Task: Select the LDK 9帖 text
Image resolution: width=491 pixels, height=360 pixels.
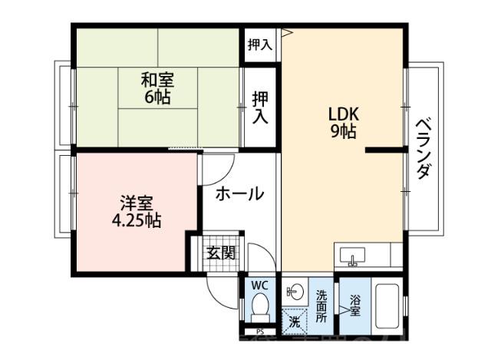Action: [x=343, y=123]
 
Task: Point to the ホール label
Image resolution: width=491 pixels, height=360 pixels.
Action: [x=239, y=193]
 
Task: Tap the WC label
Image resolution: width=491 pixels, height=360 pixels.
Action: [x=259, y=286]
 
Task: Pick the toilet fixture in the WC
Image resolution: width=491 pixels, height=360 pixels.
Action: [x=260, y=311]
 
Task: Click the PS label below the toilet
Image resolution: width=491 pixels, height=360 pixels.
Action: [x=260, y=332]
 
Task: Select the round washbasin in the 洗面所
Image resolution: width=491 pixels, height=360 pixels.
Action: [x=294, y=291]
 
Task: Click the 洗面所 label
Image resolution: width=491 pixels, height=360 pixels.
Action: [x=321, y=305]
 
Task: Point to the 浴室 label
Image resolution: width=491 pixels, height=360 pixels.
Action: [x=355, y=306]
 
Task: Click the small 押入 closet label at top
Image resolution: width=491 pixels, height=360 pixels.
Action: [x=259, y=45]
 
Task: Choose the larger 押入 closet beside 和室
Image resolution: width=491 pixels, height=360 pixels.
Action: [x=260, y=107]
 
